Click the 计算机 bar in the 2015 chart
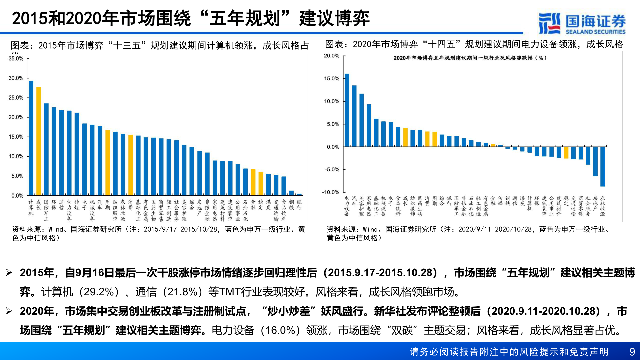point(31,138)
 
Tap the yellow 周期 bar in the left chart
point(108,163)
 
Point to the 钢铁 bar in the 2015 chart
point(291,193)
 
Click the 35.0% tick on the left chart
point(16,59)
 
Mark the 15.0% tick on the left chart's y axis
point(16,137)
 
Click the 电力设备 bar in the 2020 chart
point(347,110)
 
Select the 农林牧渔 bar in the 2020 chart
point(603,166)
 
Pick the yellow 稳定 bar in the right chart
point(566,152)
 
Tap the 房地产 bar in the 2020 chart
point(595,161)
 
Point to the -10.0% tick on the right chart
point(330,192)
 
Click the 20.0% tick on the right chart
point(331,56)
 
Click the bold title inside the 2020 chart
point(470,58)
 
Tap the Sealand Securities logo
point(582,23)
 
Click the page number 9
point(632,352)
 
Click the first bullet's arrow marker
point(9,273)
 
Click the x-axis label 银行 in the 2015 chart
point(299,205)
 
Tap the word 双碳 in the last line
point(402,330)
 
